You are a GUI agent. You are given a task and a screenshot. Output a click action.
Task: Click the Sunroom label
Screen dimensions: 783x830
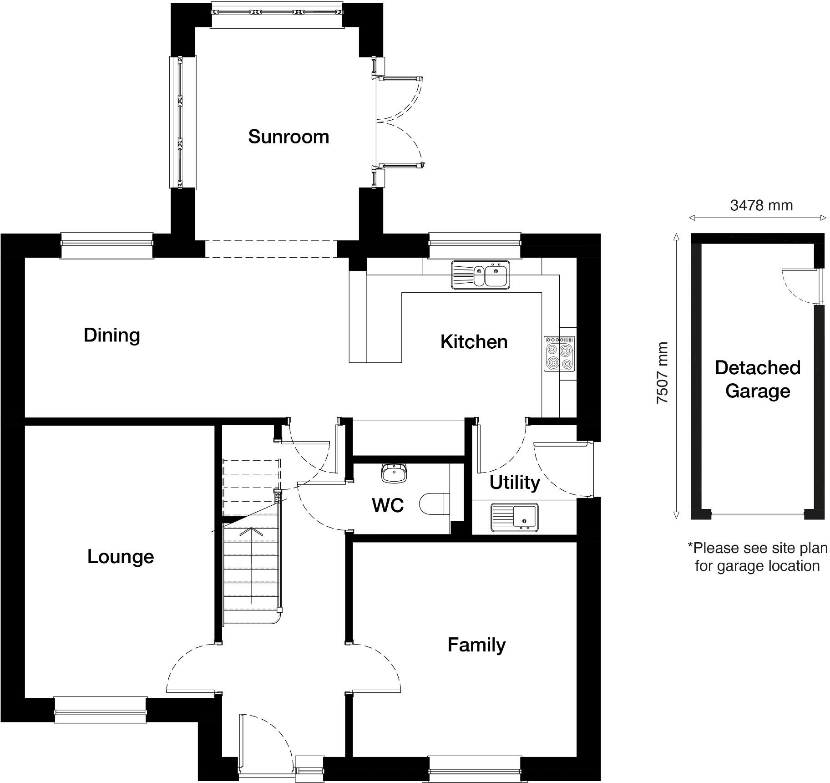click(288, 137)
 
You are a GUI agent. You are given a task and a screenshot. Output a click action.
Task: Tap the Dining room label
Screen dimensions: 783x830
click(111, 335)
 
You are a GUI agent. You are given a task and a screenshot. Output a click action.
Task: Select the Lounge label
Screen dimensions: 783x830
click(121, 557)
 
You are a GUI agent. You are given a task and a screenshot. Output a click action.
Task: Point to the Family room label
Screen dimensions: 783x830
click(476, 645)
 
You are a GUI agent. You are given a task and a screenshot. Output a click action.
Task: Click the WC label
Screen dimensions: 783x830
click(388, 505)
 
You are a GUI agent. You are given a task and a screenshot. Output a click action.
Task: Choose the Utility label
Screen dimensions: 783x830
click(515, 482)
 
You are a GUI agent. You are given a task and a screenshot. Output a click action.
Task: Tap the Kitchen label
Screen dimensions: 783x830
click(474, 342)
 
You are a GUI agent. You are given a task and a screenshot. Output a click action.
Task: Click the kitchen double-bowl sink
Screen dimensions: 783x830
click(481, 275)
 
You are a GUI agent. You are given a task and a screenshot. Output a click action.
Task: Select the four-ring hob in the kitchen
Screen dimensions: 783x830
click(560, 354)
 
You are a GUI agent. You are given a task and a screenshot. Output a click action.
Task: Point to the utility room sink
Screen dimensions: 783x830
click(514, 517)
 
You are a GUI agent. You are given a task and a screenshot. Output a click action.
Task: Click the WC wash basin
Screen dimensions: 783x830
click(394, 473)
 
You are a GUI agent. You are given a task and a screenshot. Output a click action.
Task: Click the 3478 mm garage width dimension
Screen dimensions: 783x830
click(761, 206)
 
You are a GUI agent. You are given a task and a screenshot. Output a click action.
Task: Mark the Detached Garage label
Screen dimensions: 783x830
click(757, 379)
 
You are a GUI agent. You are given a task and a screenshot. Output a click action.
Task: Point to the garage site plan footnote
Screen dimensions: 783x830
click(757, 557)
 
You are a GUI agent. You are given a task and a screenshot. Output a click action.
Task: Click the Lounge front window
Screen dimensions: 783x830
click(101, 710)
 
